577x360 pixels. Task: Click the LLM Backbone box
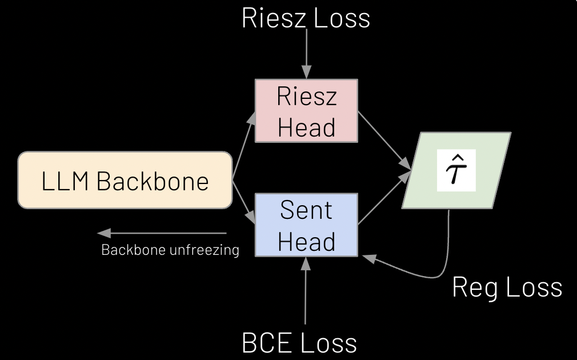pos(125,179)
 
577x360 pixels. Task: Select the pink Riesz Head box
pos(306,111)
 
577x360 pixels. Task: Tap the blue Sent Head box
pos(306,225)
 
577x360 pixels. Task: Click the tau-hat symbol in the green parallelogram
pos(456,170)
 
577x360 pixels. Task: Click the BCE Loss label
pos(300,343)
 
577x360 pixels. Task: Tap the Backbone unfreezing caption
pos(170,250)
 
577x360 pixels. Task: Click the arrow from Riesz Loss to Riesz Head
pos(307,54)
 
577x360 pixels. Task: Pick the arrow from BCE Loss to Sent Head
pos(306,291)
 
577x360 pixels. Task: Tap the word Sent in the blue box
pos(306,211)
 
